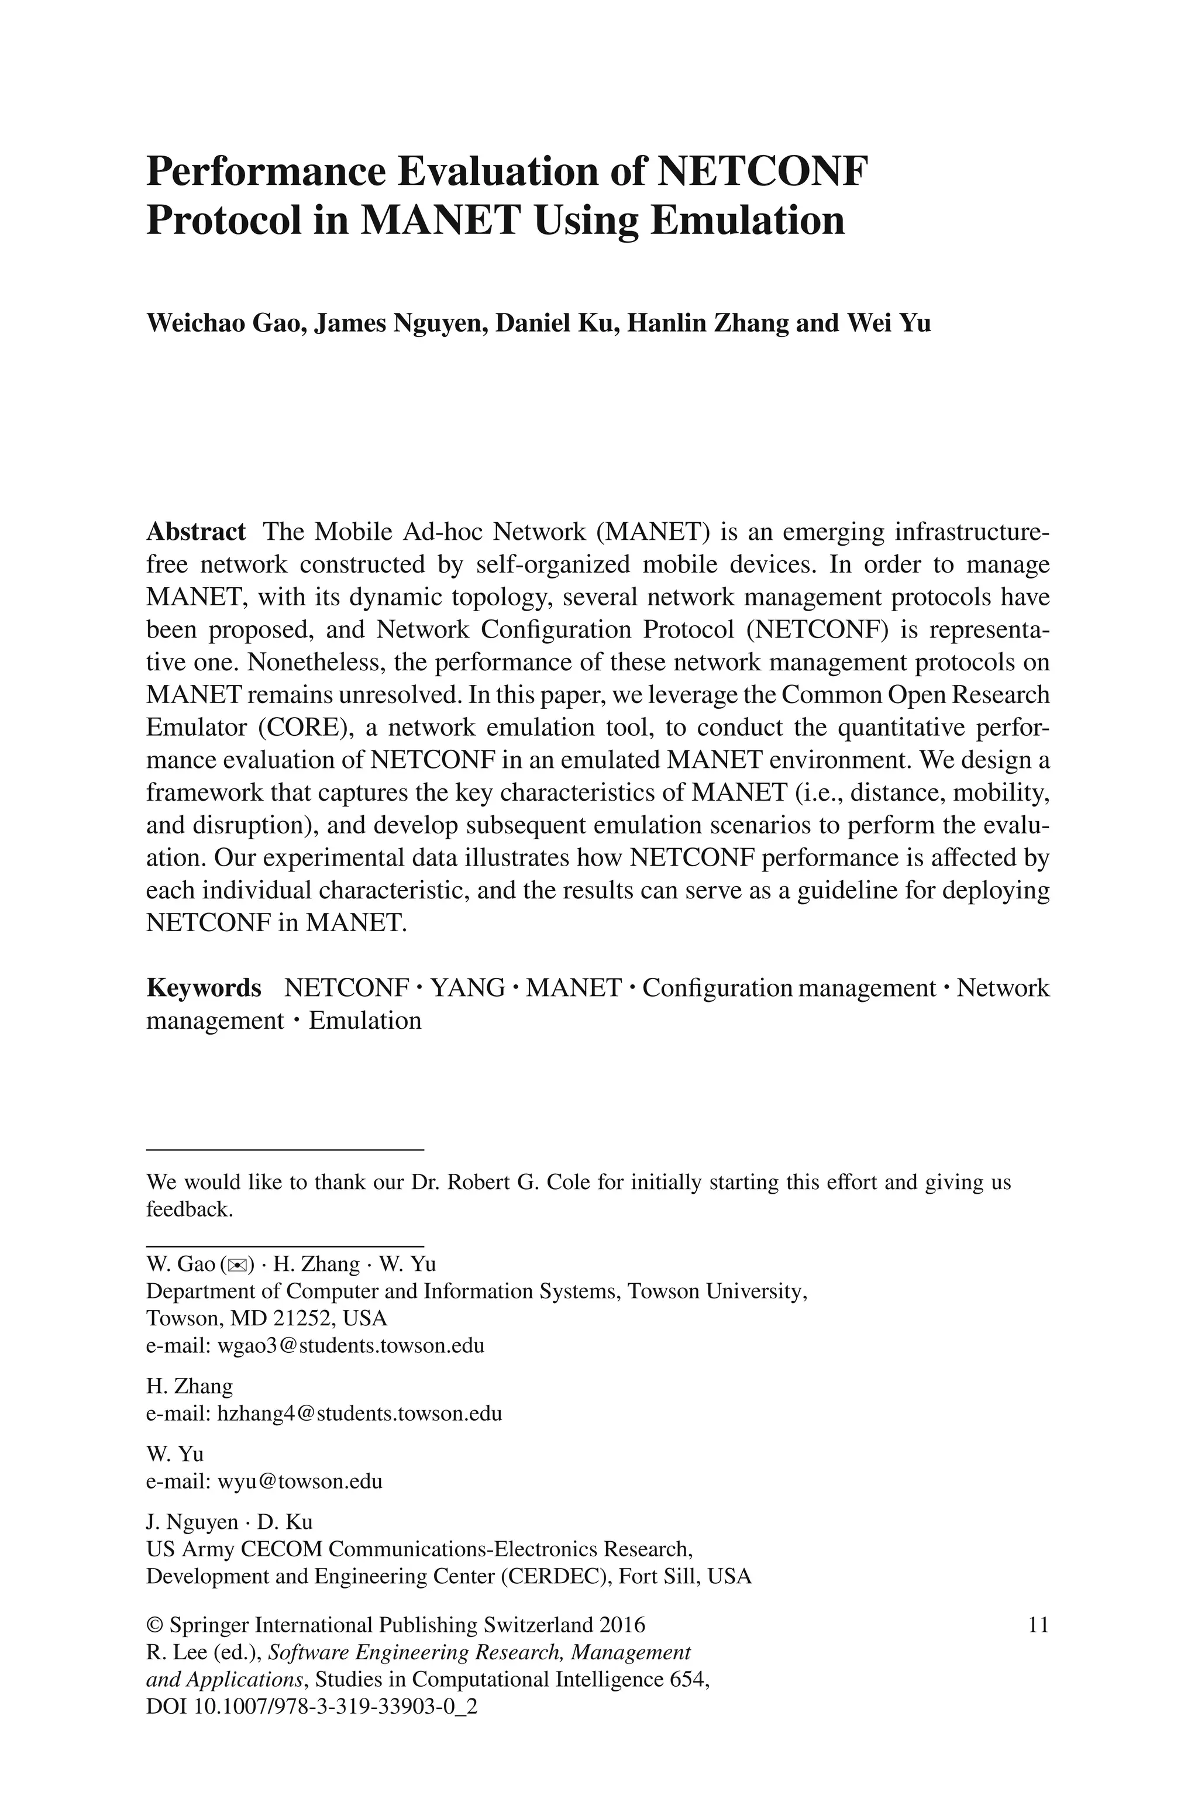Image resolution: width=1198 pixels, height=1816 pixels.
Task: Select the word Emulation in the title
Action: click(x=746, y=220)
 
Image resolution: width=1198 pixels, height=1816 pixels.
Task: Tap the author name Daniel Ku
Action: click(x=556, y=323)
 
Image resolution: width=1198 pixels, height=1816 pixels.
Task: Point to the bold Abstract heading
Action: click(x=195, y=532)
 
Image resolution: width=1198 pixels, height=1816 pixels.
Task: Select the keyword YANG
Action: click(x=467, y=988)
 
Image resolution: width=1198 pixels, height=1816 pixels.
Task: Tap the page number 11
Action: click(x=1038, y=1624)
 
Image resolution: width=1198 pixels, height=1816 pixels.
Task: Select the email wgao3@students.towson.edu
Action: click(x=351, y=1346)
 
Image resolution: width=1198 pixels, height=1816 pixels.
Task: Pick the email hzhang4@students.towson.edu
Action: click(x=360, y=1414)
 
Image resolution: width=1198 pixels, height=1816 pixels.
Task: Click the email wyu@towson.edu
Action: click(x=299, y=1481)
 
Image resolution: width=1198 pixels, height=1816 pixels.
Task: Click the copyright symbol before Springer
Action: click(x=154, y=1624)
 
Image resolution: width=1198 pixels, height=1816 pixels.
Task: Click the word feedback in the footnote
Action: click(x=188, y=1209)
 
